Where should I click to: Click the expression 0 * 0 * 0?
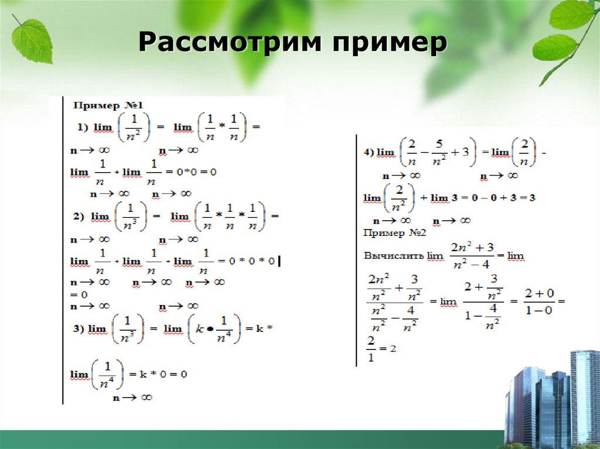pyautogui.click(x=251, y=261)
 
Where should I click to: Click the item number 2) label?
pyautogui.click(x=79, y=217)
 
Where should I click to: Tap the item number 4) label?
pyautogui.click(x=369, y=152)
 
